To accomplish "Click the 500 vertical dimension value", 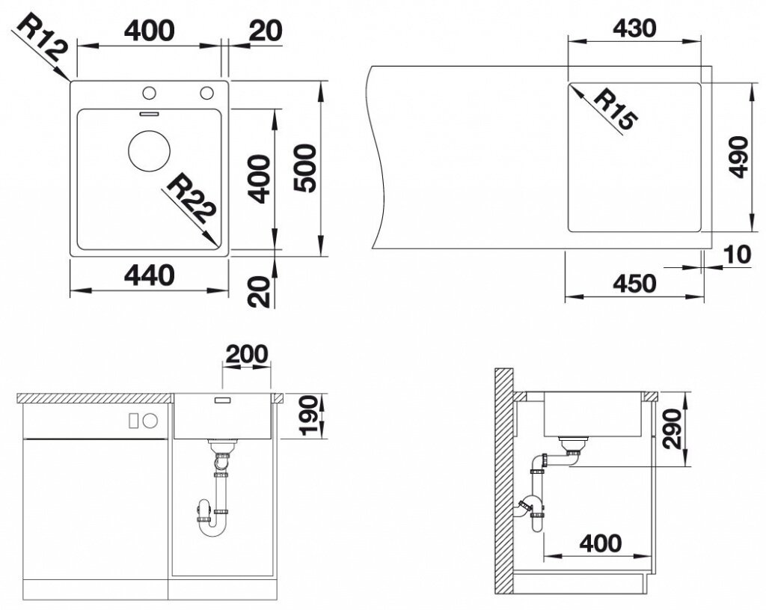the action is [306, 168].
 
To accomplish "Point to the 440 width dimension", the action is [150, 275].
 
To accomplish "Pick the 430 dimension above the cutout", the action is [634, 29].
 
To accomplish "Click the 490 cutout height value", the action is [738, 157].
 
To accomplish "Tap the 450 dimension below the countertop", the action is [634, 284].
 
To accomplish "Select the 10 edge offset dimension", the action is [737, 255].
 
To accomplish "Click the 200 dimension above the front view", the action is [247, 354].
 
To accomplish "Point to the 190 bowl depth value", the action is [309, 416].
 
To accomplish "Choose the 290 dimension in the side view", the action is [672, 429].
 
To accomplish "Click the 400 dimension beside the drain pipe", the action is [601, 543].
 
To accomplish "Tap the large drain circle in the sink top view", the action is [149, 150].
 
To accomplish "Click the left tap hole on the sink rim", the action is [149, 92].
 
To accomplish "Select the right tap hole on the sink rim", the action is [206, 92].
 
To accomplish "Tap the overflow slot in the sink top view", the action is [149, 114].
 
